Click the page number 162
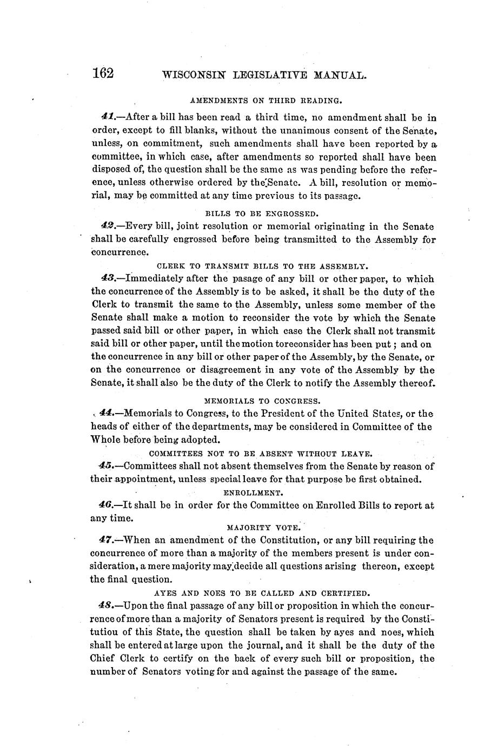(103, 73)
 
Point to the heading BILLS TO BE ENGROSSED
(262, 213)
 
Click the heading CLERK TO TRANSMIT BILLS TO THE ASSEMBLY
(262, 266)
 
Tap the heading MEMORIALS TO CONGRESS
(263, 401)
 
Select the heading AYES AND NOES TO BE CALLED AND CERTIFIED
(262, 592)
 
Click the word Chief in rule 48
(102, 658)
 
